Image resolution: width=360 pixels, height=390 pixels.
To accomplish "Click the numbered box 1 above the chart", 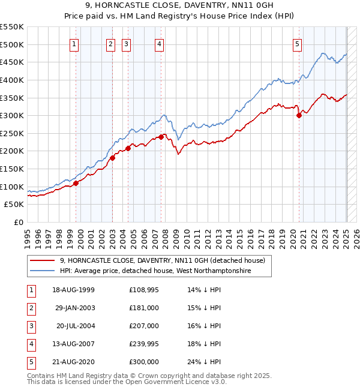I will coord(73,43).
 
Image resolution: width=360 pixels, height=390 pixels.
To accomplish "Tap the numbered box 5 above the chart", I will coord(298,43).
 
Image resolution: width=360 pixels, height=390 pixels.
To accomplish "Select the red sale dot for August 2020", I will coord(299,116).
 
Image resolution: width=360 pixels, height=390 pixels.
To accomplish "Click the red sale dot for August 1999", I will coord(76,184).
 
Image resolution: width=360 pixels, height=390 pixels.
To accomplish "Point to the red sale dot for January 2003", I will coord(112,158).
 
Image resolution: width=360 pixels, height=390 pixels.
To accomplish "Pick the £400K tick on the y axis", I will coord(13,80).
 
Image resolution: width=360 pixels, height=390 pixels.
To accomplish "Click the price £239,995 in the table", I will coord(144,344).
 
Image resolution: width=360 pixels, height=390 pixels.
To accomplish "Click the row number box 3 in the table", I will coord(31,326).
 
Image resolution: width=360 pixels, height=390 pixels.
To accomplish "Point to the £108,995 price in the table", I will coord(144,290).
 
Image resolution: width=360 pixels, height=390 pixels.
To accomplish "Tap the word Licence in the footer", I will coord(191,382).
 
